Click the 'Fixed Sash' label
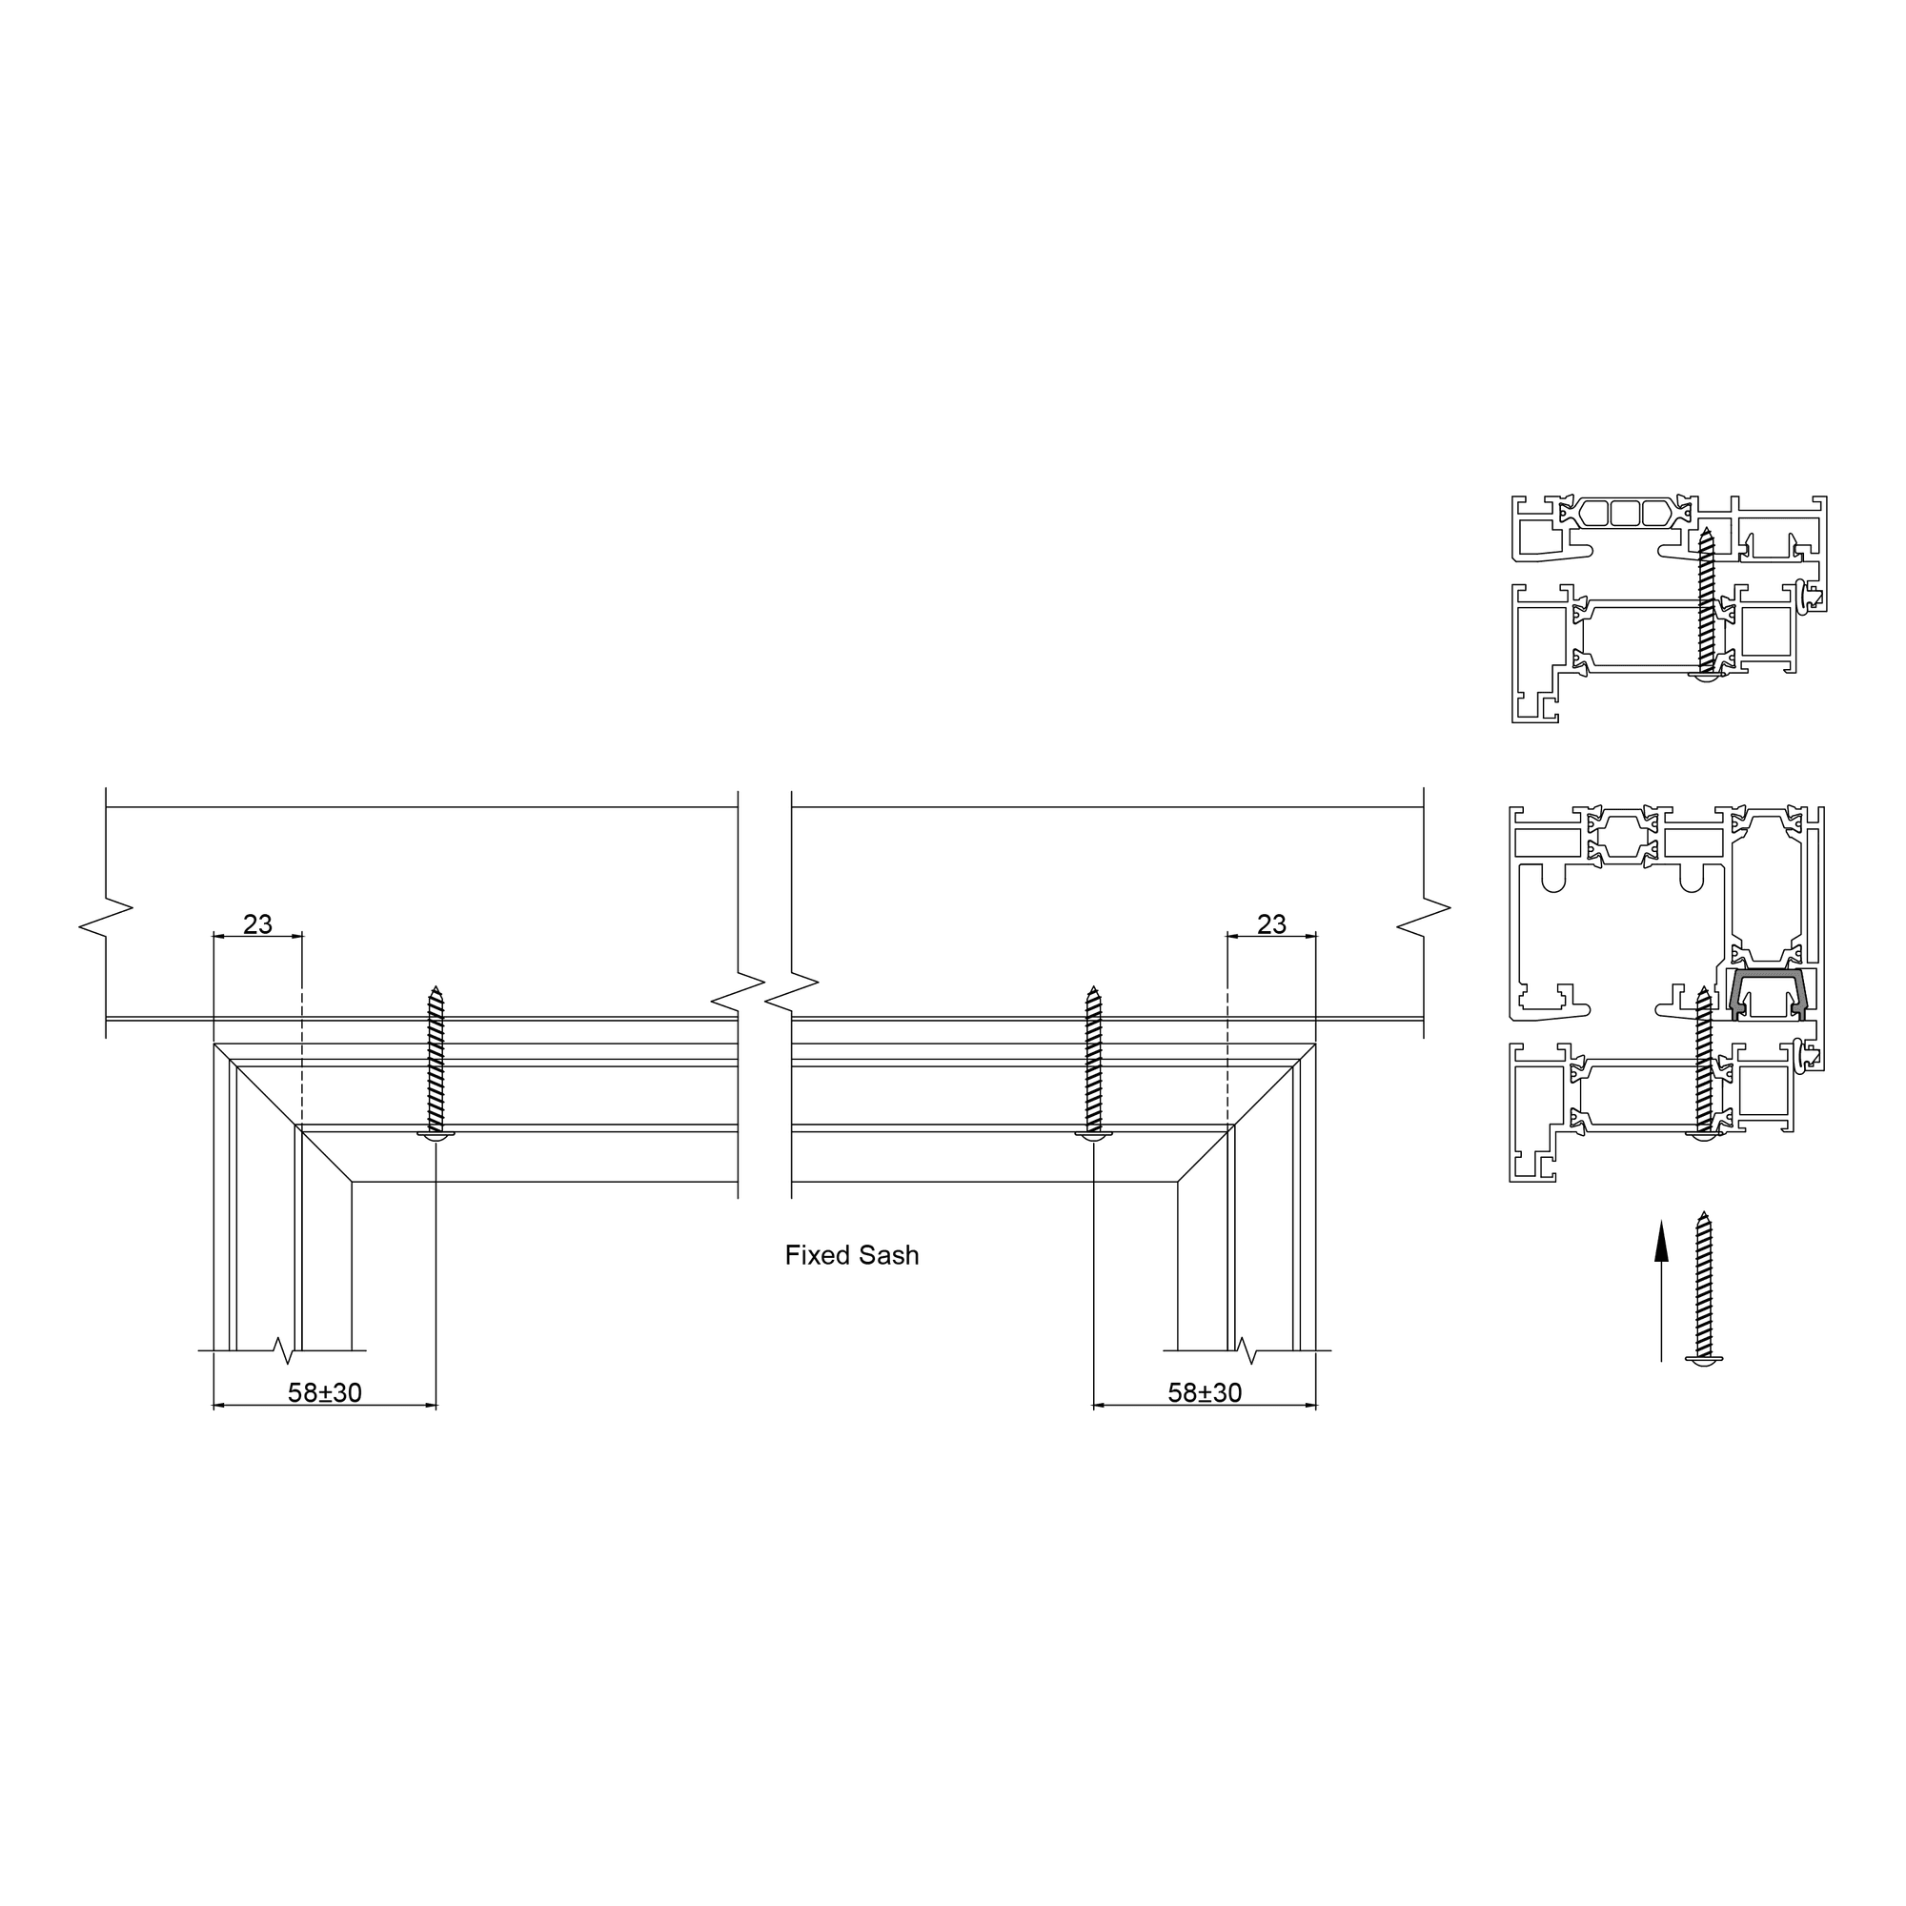(x=851, y=1255)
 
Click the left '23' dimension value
(x=257, y=924)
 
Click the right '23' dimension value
(x=1271, y=924)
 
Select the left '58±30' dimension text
(x=325, y=1392)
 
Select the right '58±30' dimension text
(x=1205, y=1392)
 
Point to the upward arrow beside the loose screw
(x=1661, y=1291)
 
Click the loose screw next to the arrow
(x=1704, y=1288)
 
